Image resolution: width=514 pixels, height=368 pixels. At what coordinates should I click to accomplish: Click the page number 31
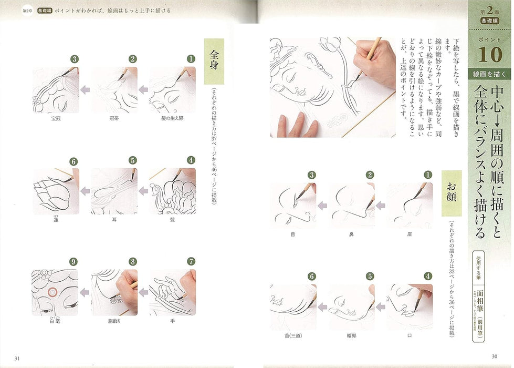(x=18, y=359)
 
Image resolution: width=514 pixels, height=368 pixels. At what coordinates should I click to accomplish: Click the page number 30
(x=494, y=359)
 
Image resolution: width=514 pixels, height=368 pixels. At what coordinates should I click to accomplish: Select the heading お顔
(x=452, y=188)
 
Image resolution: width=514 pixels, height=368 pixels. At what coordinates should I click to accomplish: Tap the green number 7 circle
(x=191, y=261)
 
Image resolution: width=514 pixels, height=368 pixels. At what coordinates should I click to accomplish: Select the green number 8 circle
(x=133, y=261)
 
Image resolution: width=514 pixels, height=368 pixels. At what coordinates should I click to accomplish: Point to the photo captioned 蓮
(x=56, y=191)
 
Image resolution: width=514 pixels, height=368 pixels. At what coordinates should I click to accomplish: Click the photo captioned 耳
(x=114, y=191)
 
